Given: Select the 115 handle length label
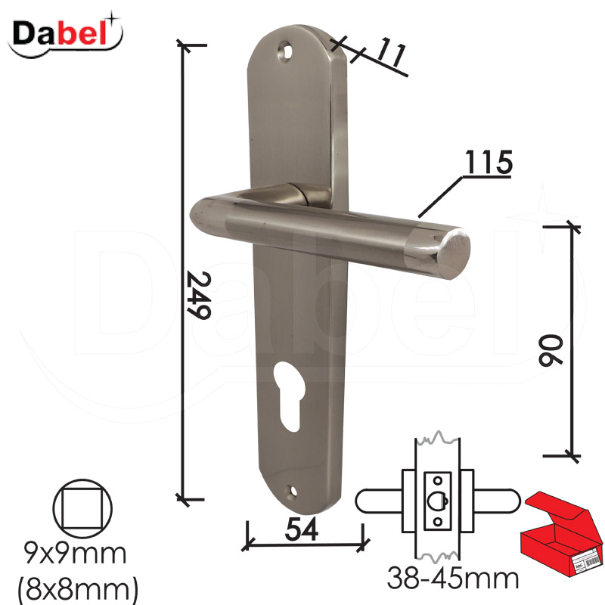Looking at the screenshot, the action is click(489, 163).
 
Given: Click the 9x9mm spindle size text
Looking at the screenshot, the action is click(75, 554).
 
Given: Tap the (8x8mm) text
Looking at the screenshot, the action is click(78, 589).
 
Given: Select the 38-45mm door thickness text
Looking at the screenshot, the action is click(453, 578).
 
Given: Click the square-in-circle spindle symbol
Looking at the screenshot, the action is click(82, 508).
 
